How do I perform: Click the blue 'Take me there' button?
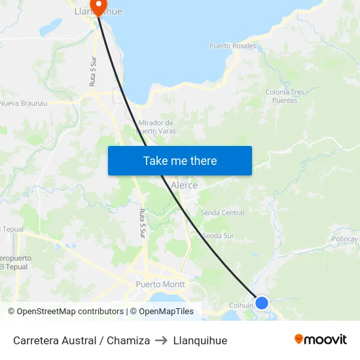[180, 160]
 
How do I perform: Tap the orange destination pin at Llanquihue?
[98, 7]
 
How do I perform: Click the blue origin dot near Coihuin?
[261, 302]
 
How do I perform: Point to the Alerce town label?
[184, 185]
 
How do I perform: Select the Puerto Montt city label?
[160, 284]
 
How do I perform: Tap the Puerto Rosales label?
[232, 46]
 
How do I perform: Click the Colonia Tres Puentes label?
[285, 96]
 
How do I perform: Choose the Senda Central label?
[222, 213]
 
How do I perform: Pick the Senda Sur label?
[217, 236]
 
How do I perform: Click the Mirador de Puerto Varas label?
[156, 126]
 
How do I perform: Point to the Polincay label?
[346, 239]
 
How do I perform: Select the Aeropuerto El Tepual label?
[14, 262]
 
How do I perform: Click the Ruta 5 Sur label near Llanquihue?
[92, 71]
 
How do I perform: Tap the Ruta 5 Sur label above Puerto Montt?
[142, 223]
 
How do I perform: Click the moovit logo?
[321, 340]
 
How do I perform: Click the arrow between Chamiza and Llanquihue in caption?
[162, 340]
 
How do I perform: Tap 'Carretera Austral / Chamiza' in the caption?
[81, 340]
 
